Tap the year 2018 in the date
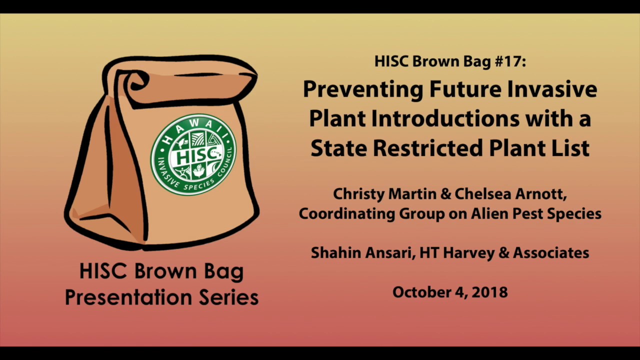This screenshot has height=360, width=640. pyautogui.click(x=489, y=292)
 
